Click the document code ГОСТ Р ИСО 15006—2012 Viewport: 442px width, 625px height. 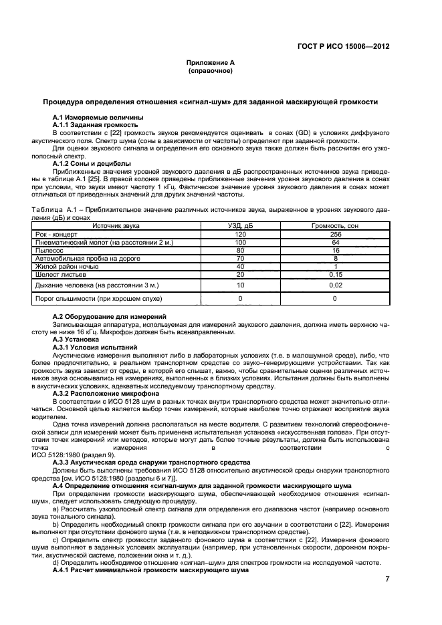tap(343, 47)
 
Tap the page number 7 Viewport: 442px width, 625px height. tap(387, 580)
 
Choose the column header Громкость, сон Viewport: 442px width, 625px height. tap(335, 227)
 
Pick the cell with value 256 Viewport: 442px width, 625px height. tap(335, 235)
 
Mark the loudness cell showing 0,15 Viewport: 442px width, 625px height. tap(335, 273)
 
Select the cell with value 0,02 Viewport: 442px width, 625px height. tap(335, 285)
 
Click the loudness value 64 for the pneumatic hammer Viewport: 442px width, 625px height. tap(335, 242)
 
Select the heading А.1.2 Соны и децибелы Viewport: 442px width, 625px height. tap(91, 163)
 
